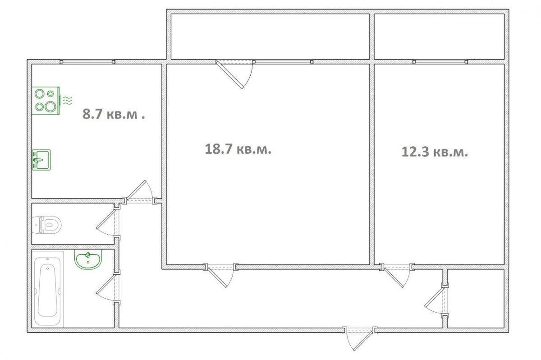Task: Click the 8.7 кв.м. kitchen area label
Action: point(114,114)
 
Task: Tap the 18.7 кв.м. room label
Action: point(238,149)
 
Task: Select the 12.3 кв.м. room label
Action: point(435,152)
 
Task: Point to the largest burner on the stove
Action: point(50,106)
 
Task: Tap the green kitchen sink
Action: point(41,160)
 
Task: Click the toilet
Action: point(46,225)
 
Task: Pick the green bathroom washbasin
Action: point(88,259)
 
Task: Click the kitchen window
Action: point(87,62)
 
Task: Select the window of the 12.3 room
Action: point(440,62)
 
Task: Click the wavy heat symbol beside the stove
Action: point(68,100)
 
